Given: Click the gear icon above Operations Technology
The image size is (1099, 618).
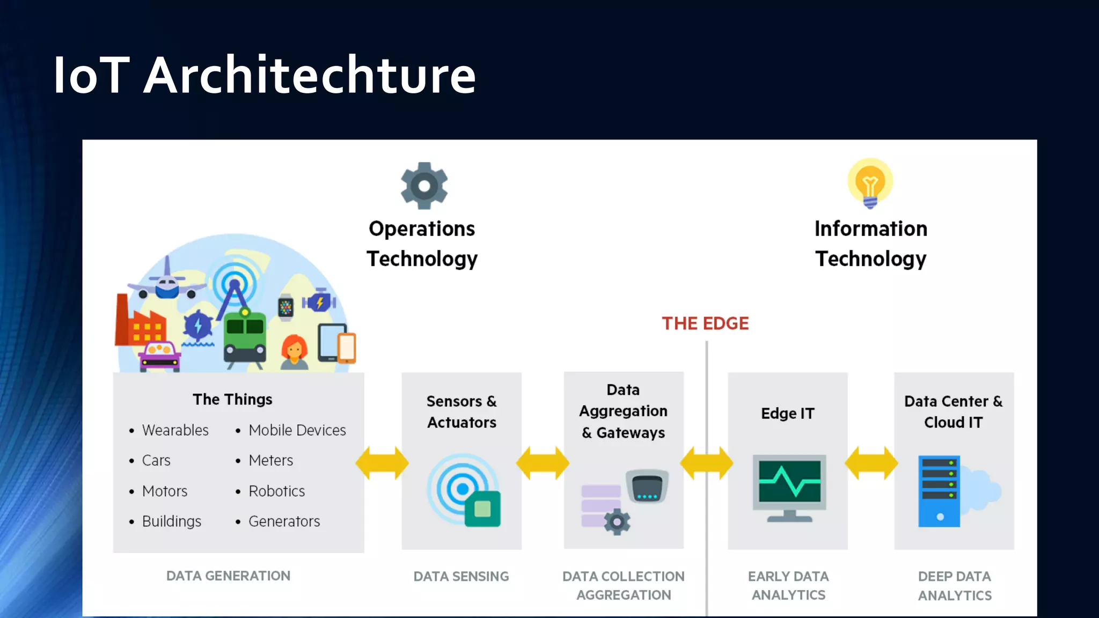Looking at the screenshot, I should [424, 186].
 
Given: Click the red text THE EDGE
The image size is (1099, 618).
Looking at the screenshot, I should [705, 323].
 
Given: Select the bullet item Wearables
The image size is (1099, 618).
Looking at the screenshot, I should [175, 430].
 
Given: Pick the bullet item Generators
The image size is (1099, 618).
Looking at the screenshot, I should [284, 521].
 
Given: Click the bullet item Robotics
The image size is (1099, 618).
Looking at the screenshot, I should [276, 491].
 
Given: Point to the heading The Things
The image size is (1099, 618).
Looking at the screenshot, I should [232, 399].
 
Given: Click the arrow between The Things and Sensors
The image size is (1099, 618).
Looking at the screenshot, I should [382, 462].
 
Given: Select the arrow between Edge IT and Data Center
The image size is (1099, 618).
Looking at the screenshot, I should [871, 462].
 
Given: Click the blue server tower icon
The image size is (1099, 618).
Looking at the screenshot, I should [939, 491].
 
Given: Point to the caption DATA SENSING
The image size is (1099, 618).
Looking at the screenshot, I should [461, 576].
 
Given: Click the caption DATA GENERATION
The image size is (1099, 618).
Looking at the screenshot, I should [228, 576].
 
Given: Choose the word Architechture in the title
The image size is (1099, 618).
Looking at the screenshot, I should [310, 75].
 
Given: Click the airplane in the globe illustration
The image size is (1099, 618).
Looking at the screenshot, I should [167, 283].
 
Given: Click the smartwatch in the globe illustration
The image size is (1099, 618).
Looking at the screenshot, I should [285, 307].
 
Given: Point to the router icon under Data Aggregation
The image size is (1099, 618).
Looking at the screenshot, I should [647, 486].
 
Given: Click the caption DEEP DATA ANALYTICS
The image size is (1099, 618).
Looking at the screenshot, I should [955, 586].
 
